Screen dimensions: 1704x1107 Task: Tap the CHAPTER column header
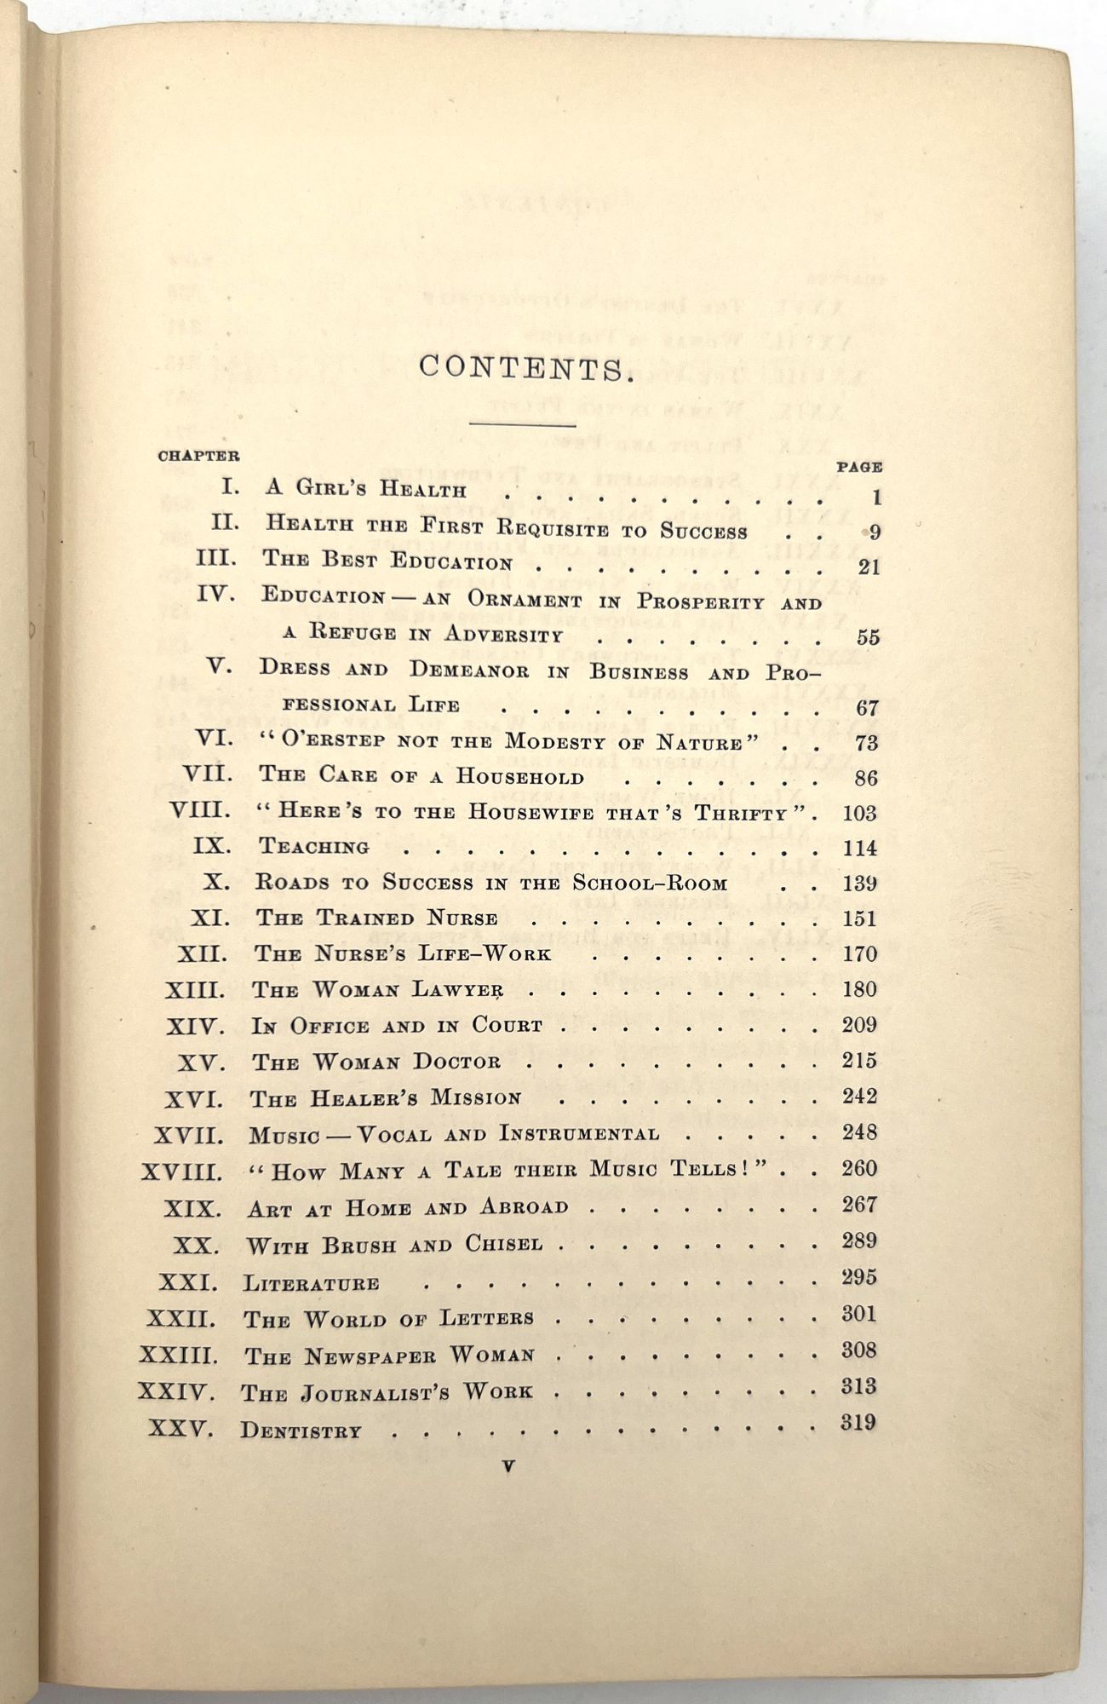coord(198,456)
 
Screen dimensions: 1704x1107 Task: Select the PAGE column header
coord(858,467)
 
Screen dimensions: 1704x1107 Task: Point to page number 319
coord(858,1422)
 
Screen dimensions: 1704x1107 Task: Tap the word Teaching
coord(314,847)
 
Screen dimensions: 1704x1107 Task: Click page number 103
coord(858,813)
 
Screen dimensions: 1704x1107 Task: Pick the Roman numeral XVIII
coord(181,1172)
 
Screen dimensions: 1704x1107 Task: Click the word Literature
coord(312,1283)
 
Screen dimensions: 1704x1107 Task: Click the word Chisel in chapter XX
coord(503,1245)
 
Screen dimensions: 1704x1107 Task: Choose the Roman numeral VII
coord(207,774)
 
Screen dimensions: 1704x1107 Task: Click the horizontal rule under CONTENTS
coord(522,423)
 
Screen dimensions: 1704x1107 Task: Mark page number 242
coord(858,1097)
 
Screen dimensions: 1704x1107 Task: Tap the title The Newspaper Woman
coord(390,1356)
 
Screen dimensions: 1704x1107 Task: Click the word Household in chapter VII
coord(519,776)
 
